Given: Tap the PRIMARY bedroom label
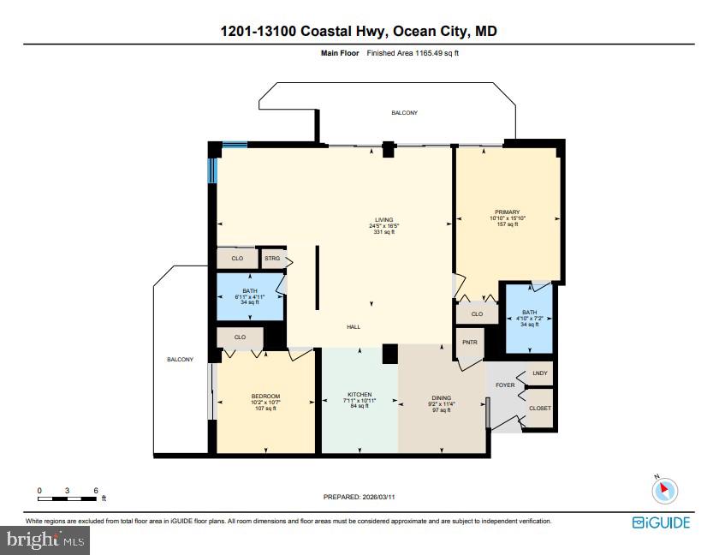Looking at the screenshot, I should (507, 212).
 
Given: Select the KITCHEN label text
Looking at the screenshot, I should (359, 395).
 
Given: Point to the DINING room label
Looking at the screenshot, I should (442, 397).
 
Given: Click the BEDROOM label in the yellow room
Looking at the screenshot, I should (265, 397).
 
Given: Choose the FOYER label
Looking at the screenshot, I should (506, 385).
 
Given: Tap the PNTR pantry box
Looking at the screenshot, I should (468, 343).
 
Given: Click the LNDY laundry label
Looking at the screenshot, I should (539, 373).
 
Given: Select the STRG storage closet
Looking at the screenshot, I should (272, 258).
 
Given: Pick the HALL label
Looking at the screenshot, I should (354, 326).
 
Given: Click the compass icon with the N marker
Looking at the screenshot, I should (664, 491).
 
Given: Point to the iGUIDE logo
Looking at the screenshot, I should (661, 522).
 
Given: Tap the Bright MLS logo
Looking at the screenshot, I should (46, 540).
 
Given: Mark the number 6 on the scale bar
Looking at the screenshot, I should (96, 491).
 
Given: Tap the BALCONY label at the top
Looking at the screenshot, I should (405, 113).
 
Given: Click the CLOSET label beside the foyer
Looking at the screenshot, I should (539, 408).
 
